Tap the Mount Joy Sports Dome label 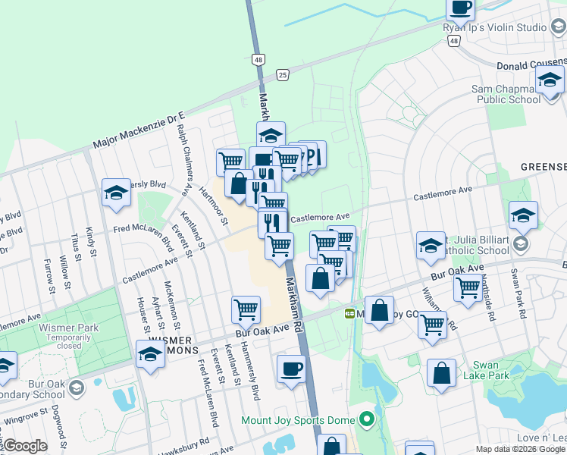click(x=299, y=419)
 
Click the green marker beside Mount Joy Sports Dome click(x=367, y=419)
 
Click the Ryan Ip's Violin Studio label click(x=494, y=27)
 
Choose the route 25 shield click(x=283, y=74)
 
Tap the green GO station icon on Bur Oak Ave click(x=349, y=313)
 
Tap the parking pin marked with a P click(x=314, y=155)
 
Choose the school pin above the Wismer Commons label click(x=150, y=354)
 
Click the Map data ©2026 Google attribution click(x=520, y=449)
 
